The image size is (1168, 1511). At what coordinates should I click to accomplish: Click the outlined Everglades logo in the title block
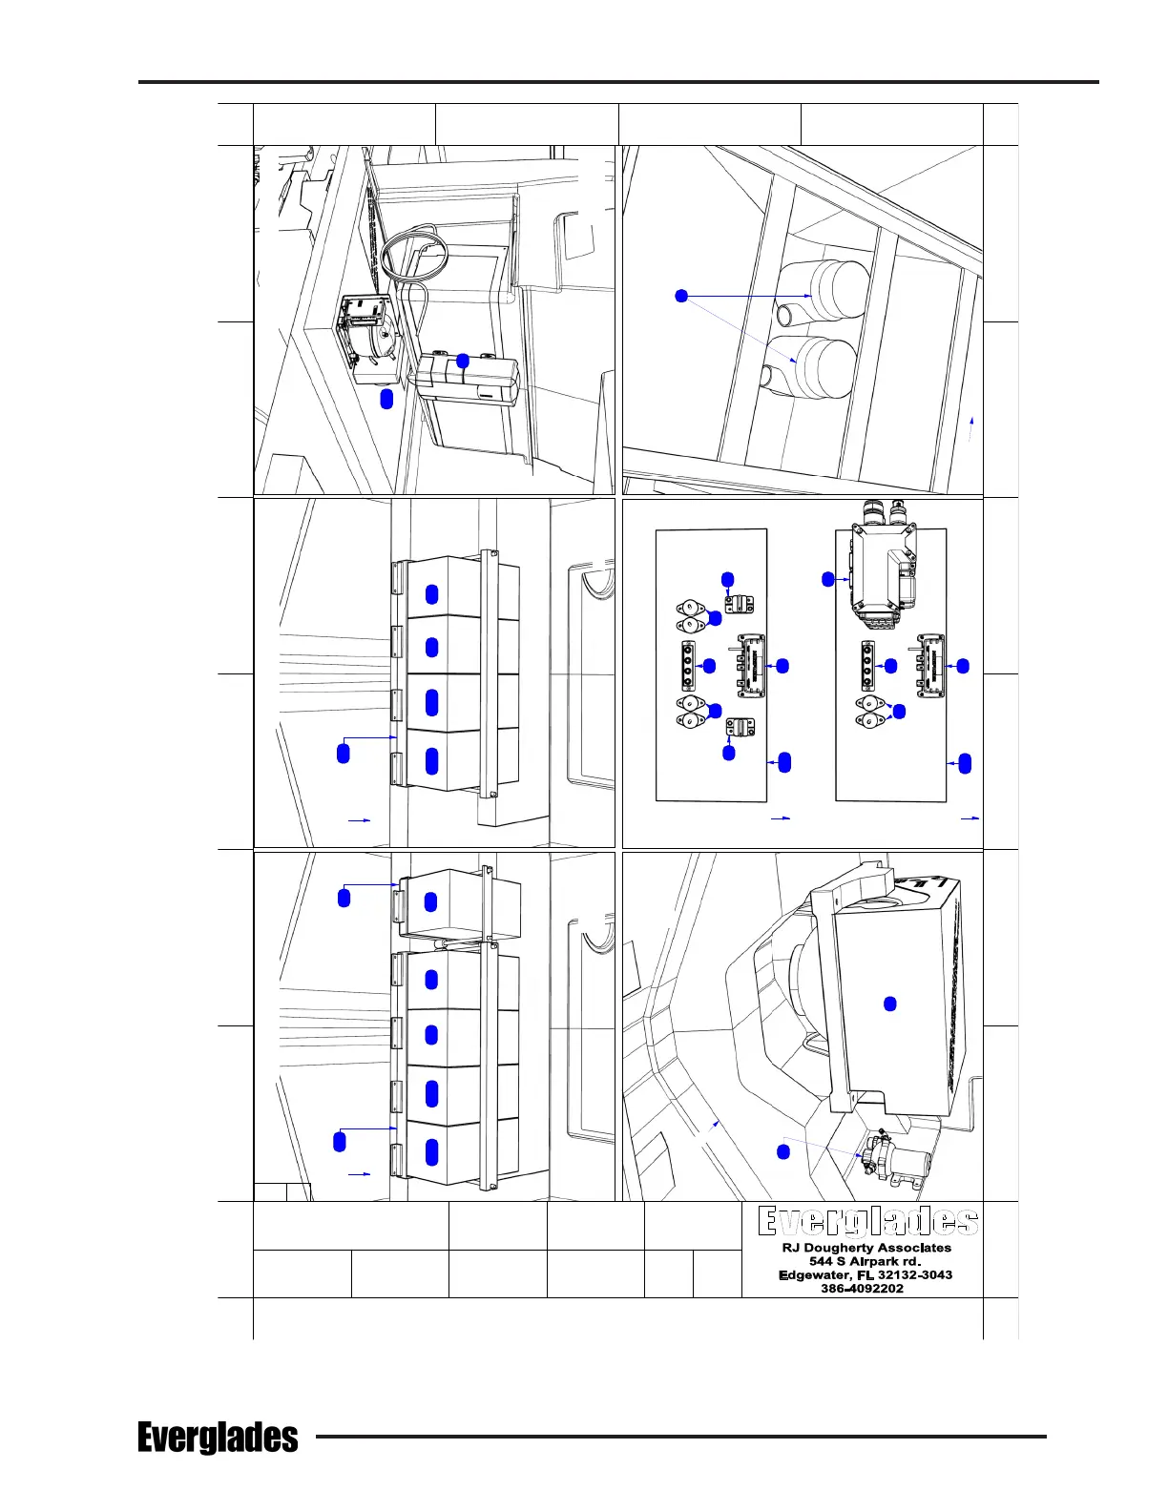click(867, 1222)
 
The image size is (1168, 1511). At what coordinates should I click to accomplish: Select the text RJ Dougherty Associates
click(866, 1248)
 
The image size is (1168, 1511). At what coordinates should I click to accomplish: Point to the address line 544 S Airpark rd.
click(866, 1261)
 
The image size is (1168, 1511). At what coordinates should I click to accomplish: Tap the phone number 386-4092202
click(862, 1288)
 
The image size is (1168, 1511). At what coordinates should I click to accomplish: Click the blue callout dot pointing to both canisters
click(681, 296)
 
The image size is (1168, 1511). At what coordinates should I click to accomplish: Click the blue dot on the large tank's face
click(889, 1004)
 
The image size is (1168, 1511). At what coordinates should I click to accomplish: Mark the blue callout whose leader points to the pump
click(783, 1152)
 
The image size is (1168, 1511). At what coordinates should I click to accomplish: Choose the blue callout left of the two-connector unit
click(828, 578)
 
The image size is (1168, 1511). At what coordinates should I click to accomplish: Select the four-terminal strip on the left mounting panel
click(685, 665)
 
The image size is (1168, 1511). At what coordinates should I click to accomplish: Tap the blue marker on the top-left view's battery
click(463, 361)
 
